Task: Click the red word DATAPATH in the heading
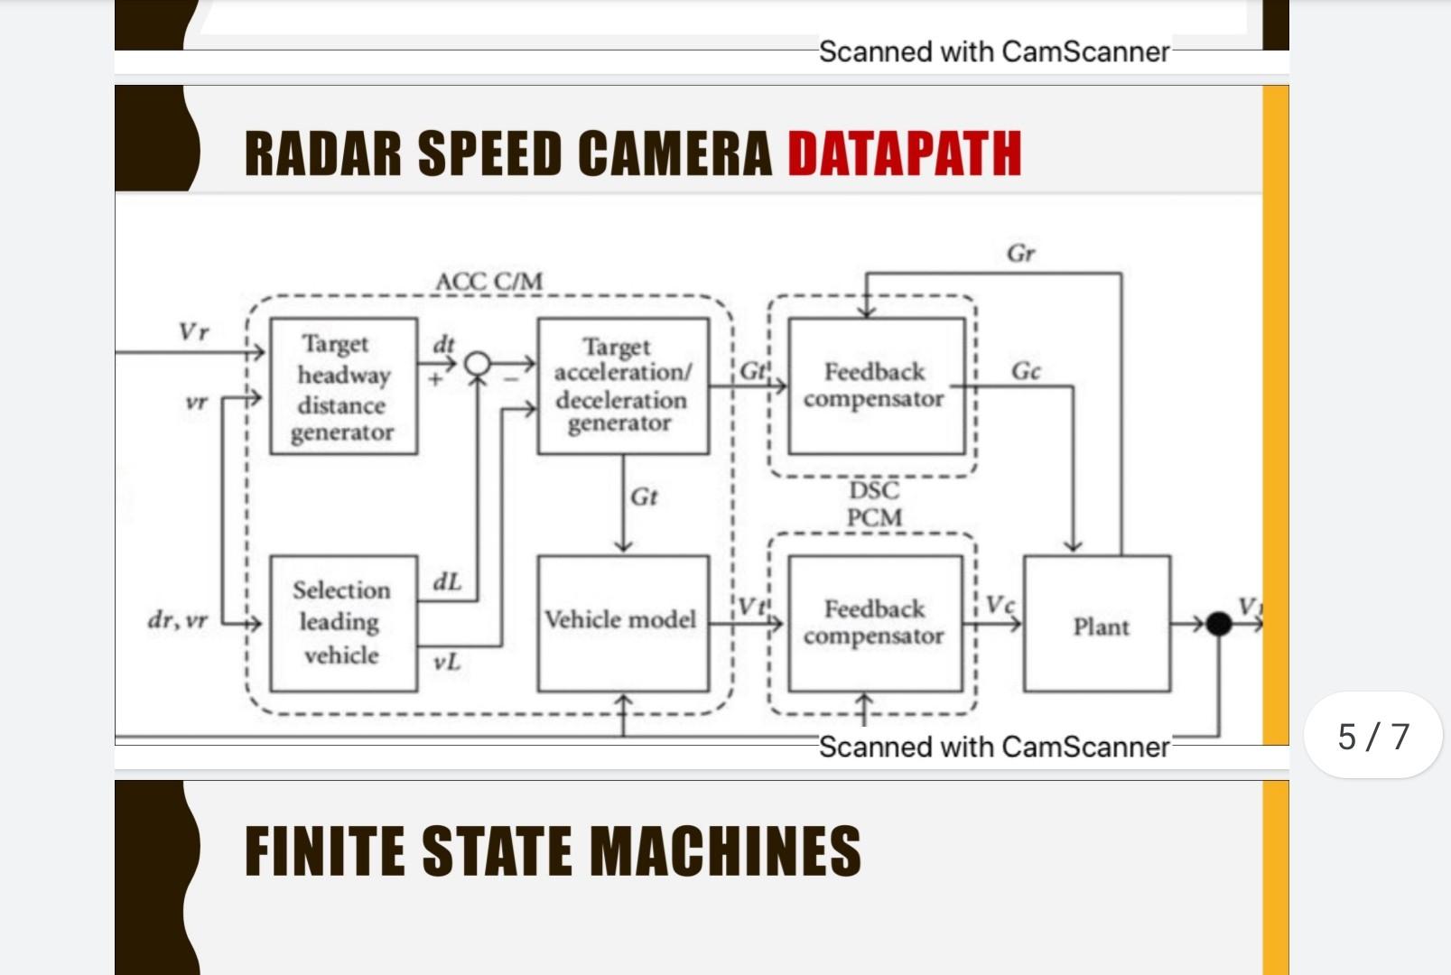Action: [904, 153]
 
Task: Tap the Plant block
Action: [1097, 625]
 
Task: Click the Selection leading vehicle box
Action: [343, 623]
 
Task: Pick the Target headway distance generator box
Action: [343, 386]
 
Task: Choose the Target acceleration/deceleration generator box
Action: [622, 385]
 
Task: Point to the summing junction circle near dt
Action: [477, 365]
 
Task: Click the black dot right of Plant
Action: [1218, 624]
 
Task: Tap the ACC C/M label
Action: [488, 282]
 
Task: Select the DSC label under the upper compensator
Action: [873, 490]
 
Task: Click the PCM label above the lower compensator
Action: [873, 517]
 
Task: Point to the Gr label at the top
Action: [1020, 254]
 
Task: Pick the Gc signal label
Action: [1026, 371]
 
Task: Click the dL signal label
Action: [447, 581]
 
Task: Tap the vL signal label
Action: [447, 663]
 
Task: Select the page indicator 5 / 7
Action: [1372, 736]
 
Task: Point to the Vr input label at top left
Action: [194, 331]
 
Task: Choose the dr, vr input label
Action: [178, 621]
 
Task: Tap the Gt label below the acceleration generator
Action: [644, 497]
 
